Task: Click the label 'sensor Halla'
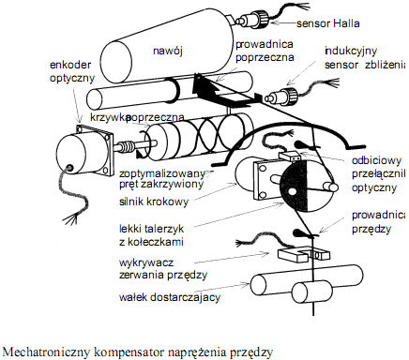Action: point(328,23)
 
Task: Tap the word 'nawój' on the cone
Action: point(168,51)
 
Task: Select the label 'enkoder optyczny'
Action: point(72,71)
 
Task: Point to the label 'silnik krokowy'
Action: point(154,202)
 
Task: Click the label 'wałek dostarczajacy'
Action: point(170,297)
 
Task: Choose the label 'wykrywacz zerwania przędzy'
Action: point(163,269)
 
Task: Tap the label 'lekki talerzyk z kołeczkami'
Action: point(151,235)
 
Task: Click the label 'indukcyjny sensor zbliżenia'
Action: point(365,58)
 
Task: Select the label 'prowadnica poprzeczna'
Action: point(265,51)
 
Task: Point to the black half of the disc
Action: point(294,187)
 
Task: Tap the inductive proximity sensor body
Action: point(280,95)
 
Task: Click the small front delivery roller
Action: point(309,292)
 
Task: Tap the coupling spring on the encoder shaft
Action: point(127,146)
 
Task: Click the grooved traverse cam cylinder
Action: point(200,137)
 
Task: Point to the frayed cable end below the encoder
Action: point(72,217)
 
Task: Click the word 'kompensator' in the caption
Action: point(129,352)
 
